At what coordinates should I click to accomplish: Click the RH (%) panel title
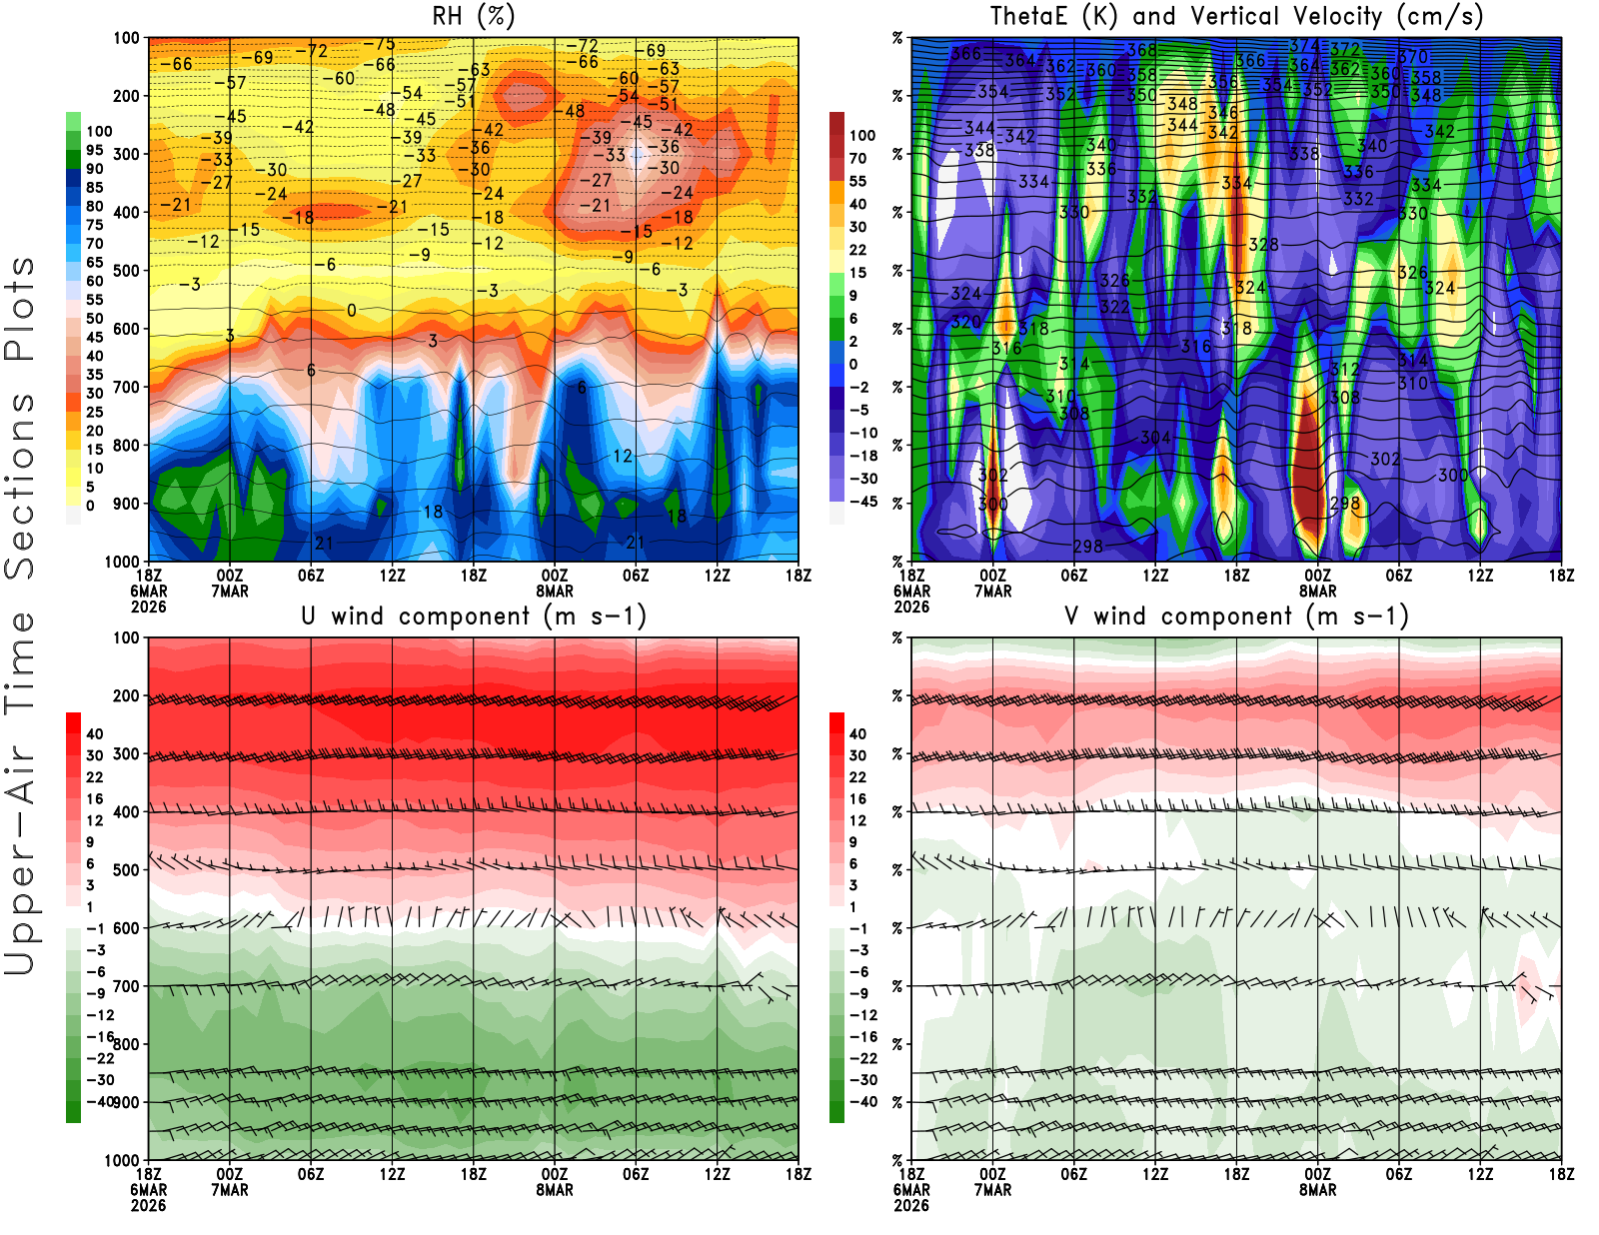tap(473, 16)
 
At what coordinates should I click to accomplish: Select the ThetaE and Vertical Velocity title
tap(1236, 16)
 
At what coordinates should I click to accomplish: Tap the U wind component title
tap(473, 616)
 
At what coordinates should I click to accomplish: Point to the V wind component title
tap(1236, 616)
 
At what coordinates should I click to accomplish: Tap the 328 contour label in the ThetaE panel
tap(1263, 245)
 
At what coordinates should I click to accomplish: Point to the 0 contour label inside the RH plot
tap(351, 311)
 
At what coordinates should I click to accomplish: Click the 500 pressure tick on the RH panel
tap(126, 270)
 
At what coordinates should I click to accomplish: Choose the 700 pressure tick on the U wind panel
tap(126, 986)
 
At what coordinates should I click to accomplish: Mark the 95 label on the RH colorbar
tap(95, 150)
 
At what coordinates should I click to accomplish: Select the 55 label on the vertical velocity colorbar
tap(857, 181)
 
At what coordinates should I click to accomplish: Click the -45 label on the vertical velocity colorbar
tap(862, 502)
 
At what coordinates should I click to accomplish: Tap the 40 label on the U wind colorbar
tap(95, 733)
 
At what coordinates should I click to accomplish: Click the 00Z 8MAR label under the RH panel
tap(555, 584)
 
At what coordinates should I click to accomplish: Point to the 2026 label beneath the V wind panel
tap(911, 1205)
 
